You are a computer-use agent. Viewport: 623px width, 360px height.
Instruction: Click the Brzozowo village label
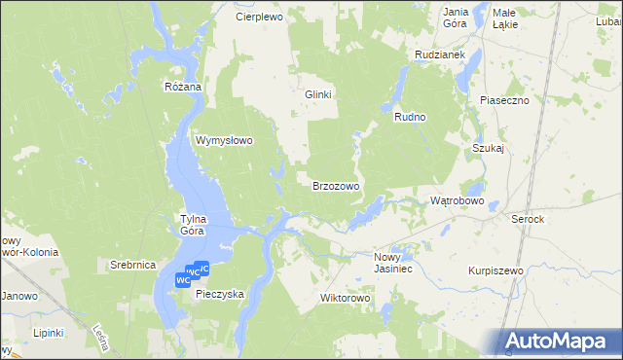point(336,185)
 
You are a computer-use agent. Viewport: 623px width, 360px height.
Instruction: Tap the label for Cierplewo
point(258,17)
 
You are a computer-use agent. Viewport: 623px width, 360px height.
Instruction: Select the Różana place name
point(182,87)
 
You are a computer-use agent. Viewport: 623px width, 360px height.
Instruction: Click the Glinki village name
point(318,94)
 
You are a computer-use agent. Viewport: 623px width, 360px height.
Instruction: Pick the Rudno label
point(411,117)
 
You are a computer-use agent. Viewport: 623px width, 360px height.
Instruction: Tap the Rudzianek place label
point(437,54)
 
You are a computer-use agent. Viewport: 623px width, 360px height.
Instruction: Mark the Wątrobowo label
point(457,200)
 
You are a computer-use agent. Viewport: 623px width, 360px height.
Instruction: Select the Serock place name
point(528,220)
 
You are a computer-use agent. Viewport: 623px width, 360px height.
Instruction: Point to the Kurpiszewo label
point(495,270)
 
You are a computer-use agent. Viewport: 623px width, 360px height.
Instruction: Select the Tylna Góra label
point(191,225)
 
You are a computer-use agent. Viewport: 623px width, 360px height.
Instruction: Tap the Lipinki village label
point(47,332)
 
